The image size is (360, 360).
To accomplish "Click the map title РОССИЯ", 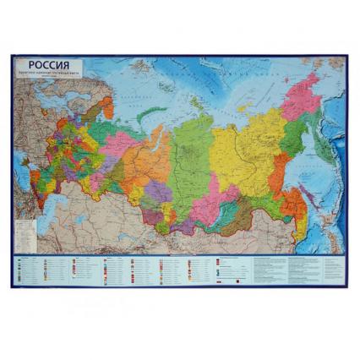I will point(50,65).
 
